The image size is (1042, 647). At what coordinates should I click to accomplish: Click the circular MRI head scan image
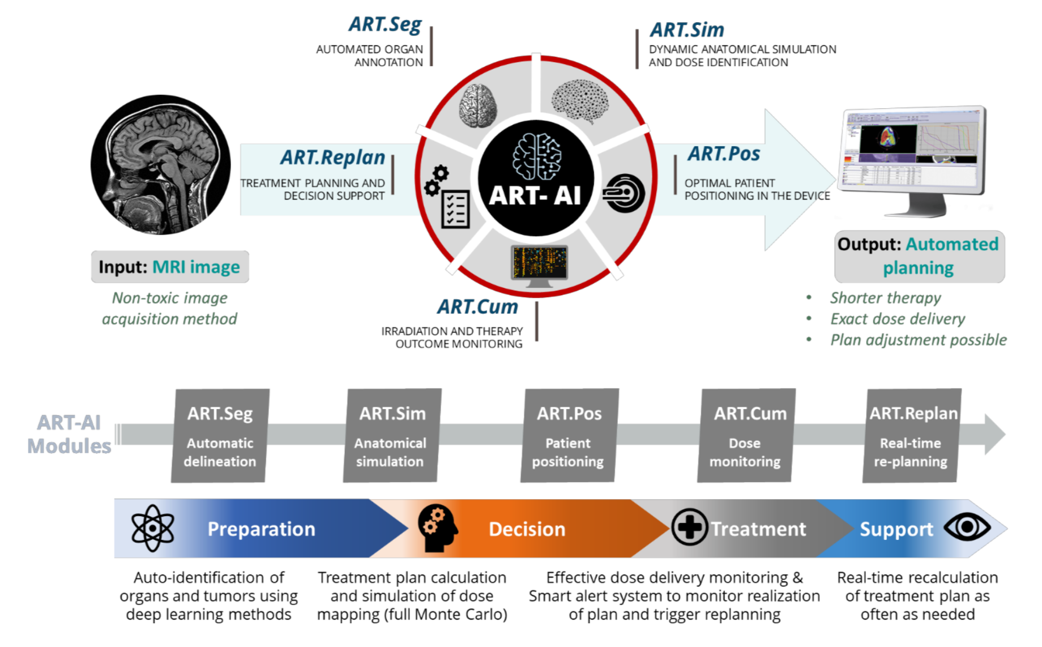[161, 165]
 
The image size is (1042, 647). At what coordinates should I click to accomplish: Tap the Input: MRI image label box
[170, 267]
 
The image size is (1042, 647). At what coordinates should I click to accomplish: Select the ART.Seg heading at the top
[385, 25]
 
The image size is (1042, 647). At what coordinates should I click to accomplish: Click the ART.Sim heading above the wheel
[687, 29]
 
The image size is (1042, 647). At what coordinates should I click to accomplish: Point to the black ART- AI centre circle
[536, 178]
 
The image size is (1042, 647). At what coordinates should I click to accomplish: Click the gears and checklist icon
[447, 197]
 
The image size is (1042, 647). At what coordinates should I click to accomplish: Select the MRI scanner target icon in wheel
[624, 193]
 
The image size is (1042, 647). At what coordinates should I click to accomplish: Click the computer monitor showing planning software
[913, 161]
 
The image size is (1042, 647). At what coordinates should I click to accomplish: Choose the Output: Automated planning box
[919, 256]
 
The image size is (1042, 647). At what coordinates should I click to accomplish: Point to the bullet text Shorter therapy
[885, 298]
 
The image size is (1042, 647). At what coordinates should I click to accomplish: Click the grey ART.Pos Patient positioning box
[569, 435]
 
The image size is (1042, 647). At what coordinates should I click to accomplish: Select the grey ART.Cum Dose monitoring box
[746, 435]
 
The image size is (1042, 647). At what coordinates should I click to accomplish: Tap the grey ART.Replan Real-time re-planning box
[912, 435]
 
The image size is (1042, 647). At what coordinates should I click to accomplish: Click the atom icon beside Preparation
[153, 528]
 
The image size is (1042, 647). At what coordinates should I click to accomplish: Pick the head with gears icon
[438, 528]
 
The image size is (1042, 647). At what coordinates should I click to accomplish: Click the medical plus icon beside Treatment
[690, 527]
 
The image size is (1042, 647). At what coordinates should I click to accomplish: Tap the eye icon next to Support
[967, 527]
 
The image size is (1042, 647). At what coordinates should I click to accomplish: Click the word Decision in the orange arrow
[527, 529]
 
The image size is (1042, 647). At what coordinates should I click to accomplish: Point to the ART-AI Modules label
[69, 435]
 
